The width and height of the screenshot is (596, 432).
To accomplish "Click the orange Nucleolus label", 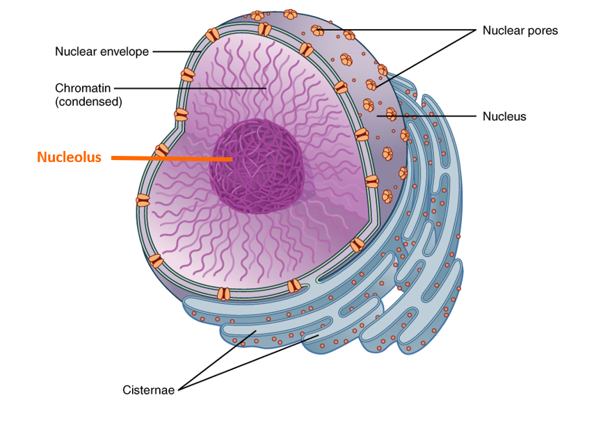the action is pos(69,157).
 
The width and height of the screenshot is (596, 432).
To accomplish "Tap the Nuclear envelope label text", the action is pos(102,51).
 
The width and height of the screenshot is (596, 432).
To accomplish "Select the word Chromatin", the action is pos(83,88).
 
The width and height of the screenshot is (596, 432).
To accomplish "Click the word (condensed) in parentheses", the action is pos(88,102).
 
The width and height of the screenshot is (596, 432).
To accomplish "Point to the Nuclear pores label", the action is pos(520,31).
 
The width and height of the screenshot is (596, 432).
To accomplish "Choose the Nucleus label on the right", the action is pos(504,116).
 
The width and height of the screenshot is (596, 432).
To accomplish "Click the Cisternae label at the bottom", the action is pos(148,390).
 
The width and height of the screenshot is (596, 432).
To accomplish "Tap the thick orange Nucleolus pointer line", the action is pos(171,158).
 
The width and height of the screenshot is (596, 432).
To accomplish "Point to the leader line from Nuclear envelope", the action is pos(177,51).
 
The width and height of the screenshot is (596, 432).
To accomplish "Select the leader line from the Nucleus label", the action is pos(426,116).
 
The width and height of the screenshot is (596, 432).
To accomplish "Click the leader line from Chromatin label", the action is pos(190,88).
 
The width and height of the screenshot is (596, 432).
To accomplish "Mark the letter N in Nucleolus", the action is pos(42,157).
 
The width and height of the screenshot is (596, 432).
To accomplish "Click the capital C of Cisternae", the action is pos(127,390).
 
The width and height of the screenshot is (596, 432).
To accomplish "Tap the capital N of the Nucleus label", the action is pos(487,116).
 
